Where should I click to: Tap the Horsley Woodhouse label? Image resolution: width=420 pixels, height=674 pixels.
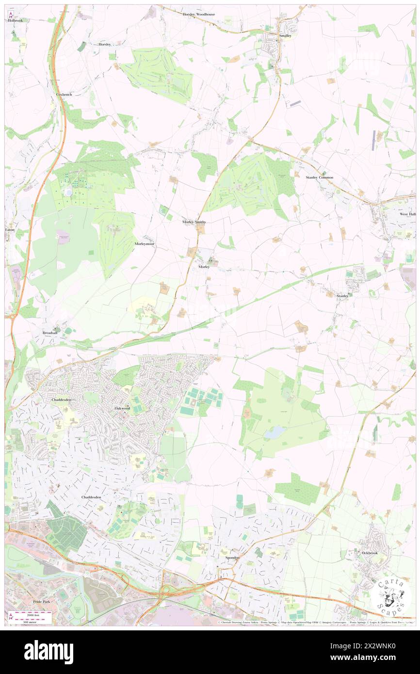[x=199, y=15]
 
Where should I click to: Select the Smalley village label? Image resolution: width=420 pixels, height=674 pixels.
[x=285, y=36]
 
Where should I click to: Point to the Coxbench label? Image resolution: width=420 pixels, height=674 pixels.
[x=64, y=94]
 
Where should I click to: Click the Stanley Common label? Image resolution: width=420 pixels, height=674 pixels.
[x=319, y=177]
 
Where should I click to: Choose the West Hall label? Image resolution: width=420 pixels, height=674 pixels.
[x=407, y=214]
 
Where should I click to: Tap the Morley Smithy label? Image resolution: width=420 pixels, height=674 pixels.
[x=194, y=222]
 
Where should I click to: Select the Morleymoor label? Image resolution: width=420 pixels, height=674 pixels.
[x=144, y=244]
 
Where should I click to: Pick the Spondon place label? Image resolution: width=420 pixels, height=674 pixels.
[x=232, y=558]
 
